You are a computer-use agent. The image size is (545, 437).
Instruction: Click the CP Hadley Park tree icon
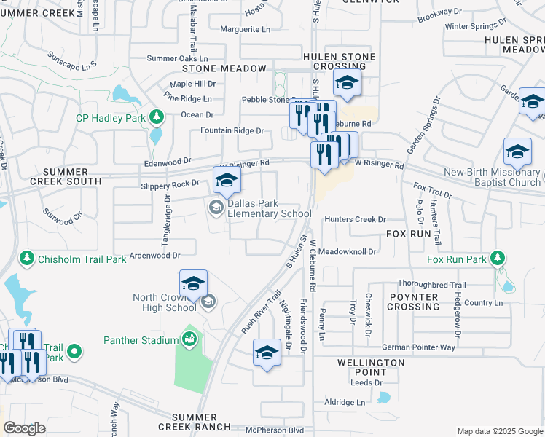[155, 117]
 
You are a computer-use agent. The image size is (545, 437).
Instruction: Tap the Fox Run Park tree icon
[498, 259]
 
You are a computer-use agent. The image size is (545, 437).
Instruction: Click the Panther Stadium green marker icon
[189, 339]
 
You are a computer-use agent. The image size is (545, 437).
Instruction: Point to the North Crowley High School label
[165, 302]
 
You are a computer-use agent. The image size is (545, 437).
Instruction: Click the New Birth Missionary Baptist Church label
[493, 177]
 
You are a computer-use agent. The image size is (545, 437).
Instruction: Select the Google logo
[24, 428]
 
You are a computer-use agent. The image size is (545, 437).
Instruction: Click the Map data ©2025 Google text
[499, 431]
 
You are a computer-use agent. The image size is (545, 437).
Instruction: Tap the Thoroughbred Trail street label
[431, 285]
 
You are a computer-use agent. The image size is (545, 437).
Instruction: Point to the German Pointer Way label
[417, 347]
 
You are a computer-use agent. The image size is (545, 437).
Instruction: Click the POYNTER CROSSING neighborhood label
[413, 302]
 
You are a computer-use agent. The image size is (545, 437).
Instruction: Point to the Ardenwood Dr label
[154, 256]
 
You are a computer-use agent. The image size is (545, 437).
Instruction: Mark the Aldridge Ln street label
[345, 402]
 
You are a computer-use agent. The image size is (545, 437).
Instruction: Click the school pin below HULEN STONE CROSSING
[348, 84]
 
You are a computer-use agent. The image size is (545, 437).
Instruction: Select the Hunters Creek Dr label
[355, 219]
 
